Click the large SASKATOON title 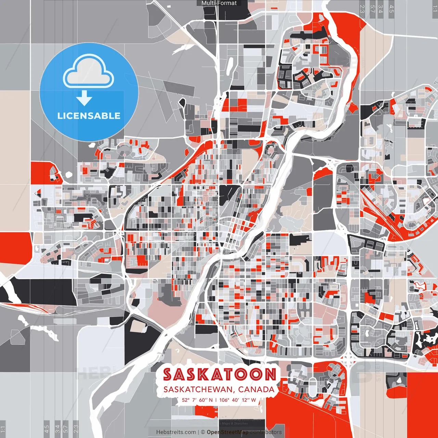coord(219,375)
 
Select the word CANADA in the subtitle coord(256,389)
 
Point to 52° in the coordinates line coord(185,400)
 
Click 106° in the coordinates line coord(224,400)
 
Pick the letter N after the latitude coord(211,400)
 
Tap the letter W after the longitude coord(254,400)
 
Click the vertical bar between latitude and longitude coord(216,400)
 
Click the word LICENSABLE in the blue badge coord(89,116)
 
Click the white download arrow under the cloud coord(84,98)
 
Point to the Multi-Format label coord(219,3)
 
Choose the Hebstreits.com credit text coord(176,432)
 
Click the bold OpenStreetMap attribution coord(228,432)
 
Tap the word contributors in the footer coord(266,432)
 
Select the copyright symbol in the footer coord(203,432)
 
